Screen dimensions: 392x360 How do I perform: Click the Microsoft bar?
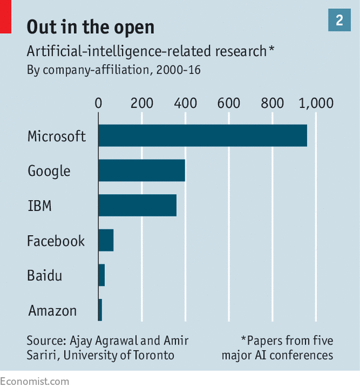pyautogui.click(x=202, y=136)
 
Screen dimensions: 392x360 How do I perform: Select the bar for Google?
pyautogui.click(x=142, y=171)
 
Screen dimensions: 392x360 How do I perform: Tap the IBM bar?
pyautogui.click(x=137, y=205)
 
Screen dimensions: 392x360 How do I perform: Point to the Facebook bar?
pyautogui.click(x=106, y=240)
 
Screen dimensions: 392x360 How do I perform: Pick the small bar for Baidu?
pyautogui.click(x=102, y=275)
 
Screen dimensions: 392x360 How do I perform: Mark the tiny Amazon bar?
pyautogui.click(x=100, y=310)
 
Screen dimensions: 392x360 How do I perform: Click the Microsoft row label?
pyautogui.click(x=57, y=136)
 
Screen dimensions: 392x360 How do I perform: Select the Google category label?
pyautogui.click(x=49, y=171)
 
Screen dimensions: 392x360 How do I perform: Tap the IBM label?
pyautogui.click(x=40, y=206)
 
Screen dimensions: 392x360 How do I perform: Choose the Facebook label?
pyautogui.click(x=56, y=241)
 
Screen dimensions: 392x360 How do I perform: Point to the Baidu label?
pyautogui.click(x=44, y=276)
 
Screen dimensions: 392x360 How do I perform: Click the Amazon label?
pyautogui.click(x=53, y=311)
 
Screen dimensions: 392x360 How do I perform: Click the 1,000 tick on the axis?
pyautogui.click(x=316, y=103)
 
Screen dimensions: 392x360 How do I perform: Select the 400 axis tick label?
pyautogui.click(x=185, y=103)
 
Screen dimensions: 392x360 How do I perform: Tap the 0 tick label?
pyautogui.click(x=98, y=103)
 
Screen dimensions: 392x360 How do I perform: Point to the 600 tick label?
pyautogui.click(x=229, y=103)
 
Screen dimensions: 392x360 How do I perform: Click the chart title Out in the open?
pyautogui.click(x=91, y=27)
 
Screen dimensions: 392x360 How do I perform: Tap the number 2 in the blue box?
pyautogui.click(x=339, y=21)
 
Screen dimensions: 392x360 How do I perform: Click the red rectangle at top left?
pyautogui.click(x=5, y=16)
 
